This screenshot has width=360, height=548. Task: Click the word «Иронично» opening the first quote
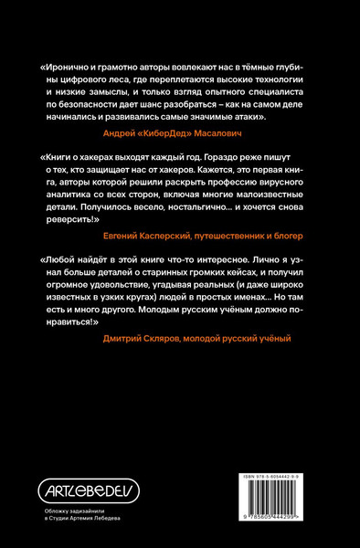point(69,67)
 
